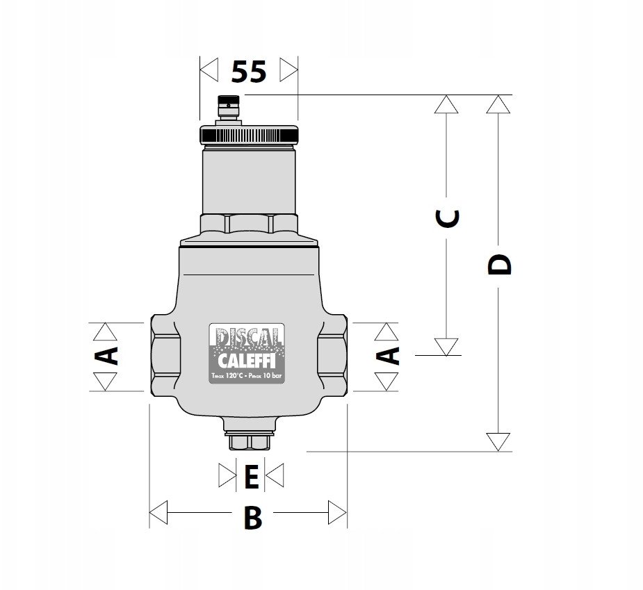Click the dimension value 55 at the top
point(249,72)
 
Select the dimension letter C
point(447,218)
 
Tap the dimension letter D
point(500,265)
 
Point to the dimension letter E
point(252,477)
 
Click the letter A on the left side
point(106,356)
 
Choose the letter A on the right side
point(387,356)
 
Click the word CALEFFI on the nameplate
point(247,361)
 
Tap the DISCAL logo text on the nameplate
point(247,336)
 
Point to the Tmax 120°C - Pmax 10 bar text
point(247,376)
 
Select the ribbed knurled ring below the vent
point(249,135)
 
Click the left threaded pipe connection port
point(165,355)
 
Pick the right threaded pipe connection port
point(332,355)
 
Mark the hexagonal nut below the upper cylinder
point(249,223)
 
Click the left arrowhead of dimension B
point(158,512)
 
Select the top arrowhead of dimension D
point(498,104)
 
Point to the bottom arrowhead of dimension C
point(446,347)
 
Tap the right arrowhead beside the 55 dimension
point(288,69)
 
